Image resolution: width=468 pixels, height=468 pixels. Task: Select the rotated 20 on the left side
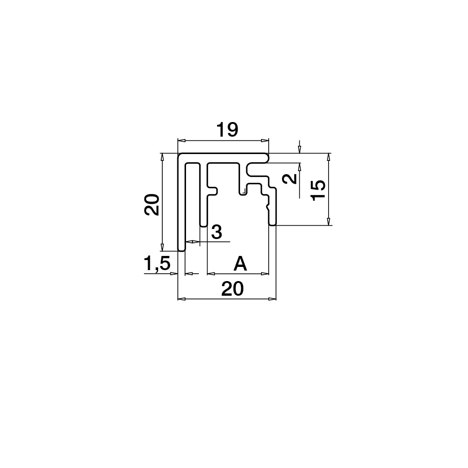pos(152,204)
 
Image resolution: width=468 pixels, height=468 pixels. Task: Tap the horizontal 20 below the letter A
pos(233,289)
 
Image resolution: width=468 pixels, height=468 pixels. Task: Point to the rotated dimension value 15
pos(318,191)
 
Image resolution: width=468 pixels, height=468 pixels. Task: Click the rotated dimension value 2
pos(290,179)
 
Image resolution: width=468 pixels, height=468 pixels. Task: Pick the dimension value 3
pos(217,232)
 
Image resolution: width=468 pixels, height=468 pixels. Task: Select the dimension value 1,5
pos(157,263)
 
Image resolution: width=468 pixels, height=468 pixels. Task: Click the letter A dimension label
pos(240,264)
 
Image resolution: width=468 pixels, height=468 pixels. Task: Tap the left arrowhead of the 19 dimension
pos(181,140)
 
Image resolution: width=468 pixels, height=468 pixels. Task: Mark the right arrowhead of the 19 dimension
pos(265,140)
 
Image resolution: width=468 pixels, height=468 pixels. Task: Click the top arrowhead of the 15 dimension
pos(329,157)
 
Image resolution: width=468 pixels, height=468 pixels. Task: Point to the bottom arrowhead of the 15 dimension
pos(329,222)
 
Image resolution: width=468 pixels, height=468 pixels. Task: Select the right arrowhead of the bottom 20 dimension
pos(272,298)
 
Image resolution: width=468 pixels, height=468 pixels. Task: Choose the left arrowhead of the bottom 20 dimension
pos(181,298)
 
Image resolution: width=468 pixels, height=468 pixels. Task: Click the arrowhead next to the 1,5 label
pos(174,273)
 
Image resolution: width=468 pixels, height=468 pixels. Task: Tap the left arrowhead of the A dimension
pos(211,273)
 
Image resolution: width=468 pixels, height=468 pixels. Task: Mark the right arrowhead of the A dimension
pos(265,273)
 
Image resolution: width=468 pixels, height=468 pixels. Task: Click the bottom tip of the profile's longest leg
pos(181,251)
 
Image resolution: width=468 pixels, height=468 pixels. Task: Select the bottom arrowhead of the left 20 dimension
pos(162,247)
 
